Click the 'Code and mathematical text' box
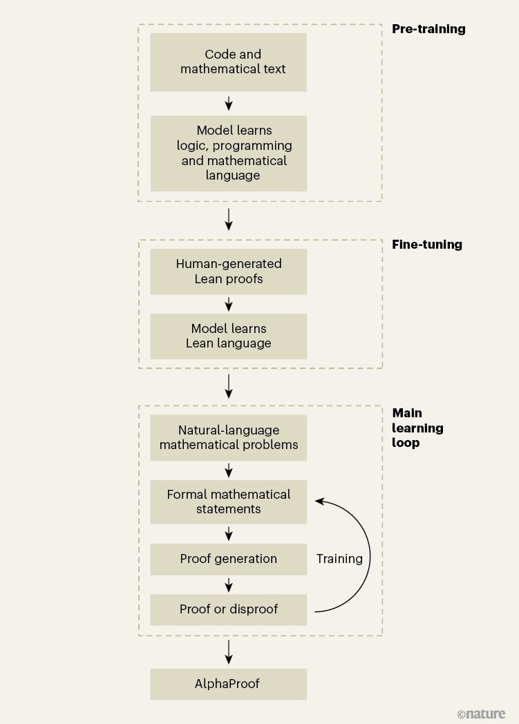pyautogui.click(x=228, y=61)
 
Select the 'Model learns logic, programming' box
pyautogui.click(x=228, y=153)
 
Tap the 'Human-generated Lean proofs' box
pyautogui.click(x=228, y=271)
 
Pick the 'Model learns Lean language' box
pyautogui.click(x=228, y=336)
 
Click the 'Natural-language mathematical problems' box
pyautogui.click(x=228, y=437)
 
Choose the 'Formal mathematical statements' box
pyautogui.click(x=228, y=502)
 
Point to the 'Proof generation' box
pyautogui.click(x=228, y=559)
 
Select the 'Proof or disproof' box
pyautogui.click(x=228, y=609)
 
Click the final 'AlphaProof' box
pyautogui.click(x=228, y=685)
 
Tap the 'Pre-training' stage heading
pyautogui.click(x=428, y=29)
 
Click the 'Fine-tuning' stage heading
pyautogui.click(x=427, y=245)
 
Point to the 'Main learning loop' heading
pyautogui.click(x=417, y=428)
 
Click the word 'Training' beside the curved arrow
pyautogui.click(x=339, y=559)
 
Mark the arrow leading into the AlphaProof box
pyautogui.click(x=229, y=652)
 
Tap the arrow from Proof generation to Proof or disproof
pyautogui.click(x=229, y=584)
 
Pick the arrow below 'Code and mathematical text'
pyautogui.click(x=229, y=104)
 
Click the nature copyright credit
pyautogui.click(x=481, y=714)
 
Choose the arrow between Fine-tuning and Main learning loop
pyautogui.click(x=229, y=387)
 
